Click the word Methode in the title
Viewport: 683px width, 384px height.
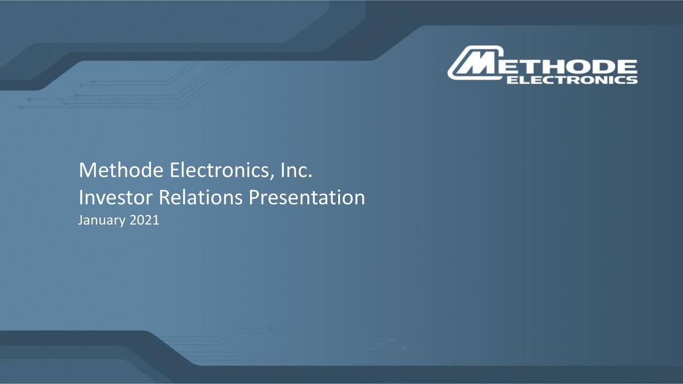(121, 171)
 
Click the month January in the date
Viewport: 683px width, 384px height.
(101, 220)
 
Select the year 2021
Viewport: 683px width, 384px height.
(144, 220)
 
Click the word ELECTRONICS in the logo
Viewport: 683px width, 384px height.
(571, 80)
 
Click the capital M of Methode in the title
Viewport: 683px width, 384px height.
(85, 171)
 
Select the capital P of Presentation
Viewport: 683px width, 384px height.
(255, 198)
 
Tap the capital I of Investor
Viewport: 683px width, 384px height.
(81, 198)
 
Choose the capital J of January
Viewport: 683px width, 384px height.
(81, 220)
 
